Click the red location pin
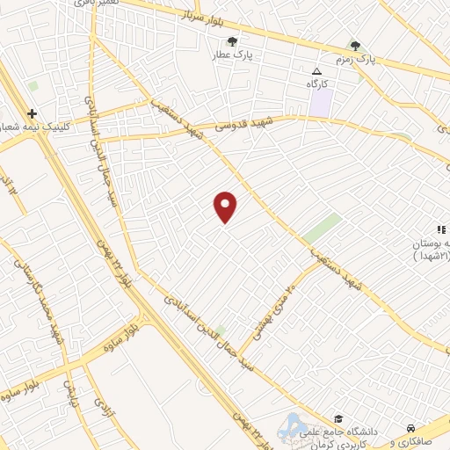226,207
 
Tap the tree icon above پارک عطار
232,41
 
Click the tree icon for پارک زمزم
355,46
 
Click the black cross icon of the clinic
32,114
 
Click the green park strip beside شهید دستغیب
323,229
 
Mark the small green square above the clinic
33,87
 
